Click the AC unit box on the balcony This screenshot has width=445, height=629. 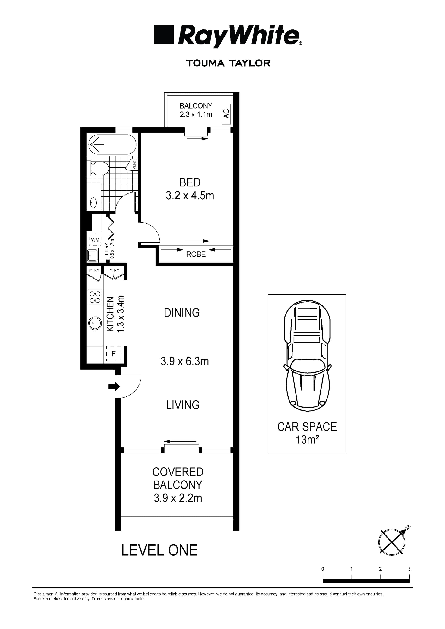coord(226,114)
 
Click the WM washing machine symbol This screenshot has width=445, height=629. coord(95,240)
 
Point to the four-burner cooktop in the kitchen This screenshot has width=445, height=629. coord(95,297)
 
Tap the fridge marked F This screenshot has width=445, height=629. coord(114,354)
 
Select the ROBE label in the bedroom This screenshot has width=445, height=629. coord(196,254)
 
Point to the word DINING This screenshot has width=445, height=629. coord(182,313)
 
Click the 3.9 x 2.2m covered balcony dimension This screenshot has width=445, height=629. coord(178,498)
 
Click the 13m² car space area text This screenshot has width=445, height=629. coord(307,440)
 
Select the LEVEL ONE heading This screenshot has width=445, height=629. coord(159,551)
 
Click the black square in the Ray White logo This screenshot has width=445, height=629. coord(164,35)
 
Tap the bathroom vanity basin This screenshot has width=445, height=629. coord(93,203)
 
